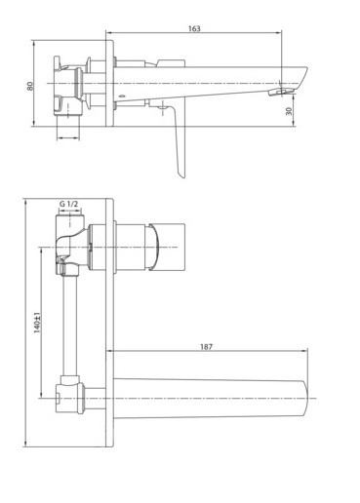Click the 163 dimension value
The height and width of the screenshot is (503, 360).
pos(194,28)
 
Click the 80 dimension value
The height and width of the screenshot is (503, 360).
pos(30,86)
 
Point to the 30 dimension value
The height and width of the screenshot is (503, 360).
pos(289,111)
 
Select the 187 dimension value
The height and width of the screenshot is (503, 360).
pos(206,347)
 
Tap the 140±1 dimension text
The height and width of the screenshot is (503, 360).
pos(37,323)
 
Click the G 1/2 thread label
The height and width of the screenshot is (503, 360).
pos(68,204)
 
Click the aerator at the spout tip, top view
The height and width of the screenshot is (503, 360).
pos(279,92)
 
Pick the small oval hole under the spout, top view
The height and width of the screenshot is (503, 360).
pos(122,96)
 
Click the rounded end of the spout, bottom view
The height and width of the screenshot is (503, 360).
pos(305,398)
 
